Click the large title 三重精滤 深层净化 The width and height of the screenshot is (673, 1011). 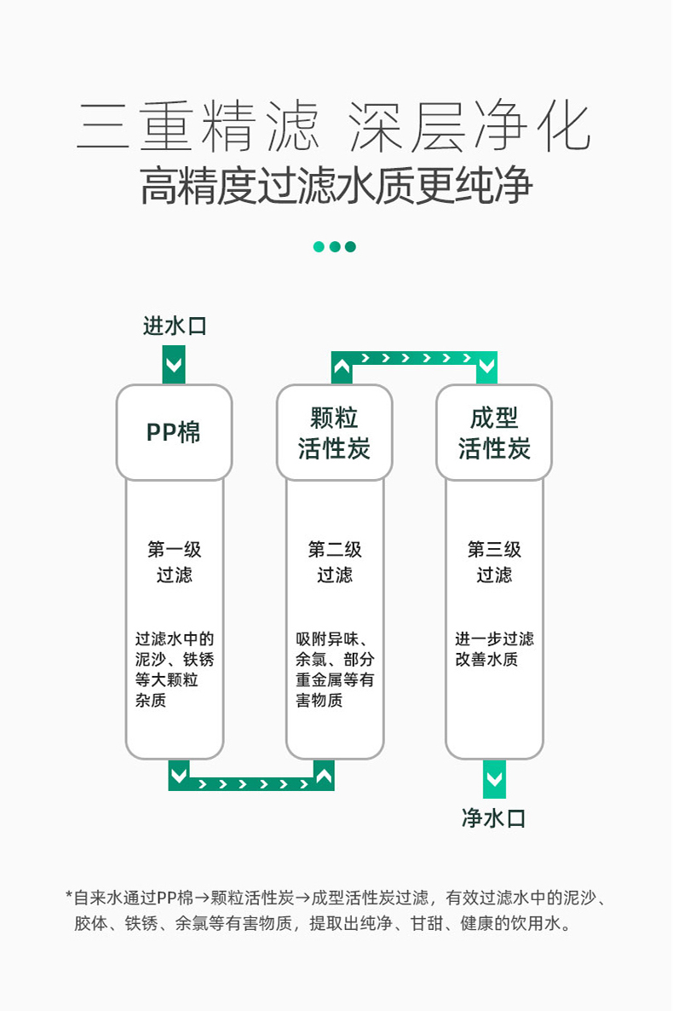(x=335, y=128)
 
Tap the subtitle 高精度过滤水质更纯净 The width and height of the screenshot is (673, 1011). (x=336, y=186)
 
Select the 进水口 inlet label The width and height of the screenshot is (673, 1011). (x=175, y=326)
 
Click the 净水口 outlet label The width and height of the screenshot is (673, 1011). (x=494, y=818)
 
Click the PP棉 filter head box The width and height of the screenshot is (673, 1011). (x=175, y=432)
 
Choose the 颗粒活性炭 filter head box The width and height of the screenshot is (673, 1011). (x=335, y=432)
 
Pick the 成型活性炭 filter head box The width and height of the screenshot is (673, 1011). (x=494, y=432)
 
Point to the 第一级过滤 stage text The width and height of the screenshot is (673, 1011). (x=175, y=562)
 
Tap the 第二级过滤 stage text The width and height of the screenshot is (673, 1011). (x=335, y=562)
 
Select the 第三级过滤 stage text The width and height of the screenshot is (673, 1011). (x=494, y=562)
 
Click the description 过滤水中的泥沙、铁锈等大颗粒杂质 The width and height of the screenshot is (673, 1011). (x=175, y=669)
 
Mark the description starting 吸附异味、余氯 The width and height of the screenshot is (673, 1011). (x=335, y=669)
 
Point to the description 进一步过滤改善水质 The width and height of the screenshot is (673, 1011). (x=494, y=649)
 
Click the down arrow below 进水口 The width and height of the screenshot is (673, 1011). (x=175, y=367)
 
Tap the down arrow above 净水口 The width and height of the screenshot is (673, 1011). (x=494, y=780)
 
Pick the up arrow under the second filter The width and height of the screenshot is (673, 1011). (x=324, y=775)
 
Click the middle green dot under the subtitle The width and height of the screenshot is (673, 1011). (x=335, y=246)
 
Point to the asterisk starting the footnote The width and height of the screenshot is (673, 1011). (x=69, y=896)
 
